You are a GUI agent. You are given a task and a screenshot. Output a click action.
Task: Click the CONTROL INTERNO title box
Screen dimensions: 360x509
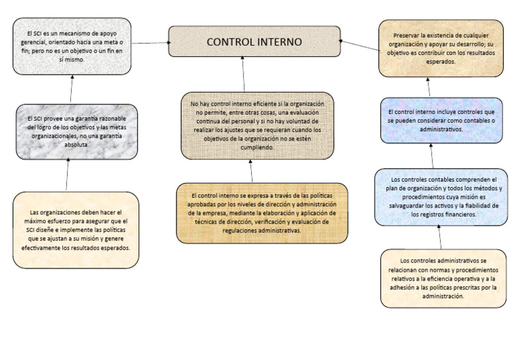(x=254, y=42)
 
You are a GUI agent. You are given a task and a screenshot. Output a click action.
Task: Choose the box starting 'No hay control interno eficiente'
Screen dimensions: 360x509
(x=256, y=126)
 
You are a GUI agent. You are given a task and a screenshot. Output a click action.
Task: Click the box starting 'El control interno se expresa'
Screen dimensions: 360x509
(x=261, y=213)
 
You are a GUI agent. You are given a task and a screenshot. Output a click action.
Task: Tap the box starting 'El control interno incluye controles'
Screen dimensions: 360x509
(x=435, y=120)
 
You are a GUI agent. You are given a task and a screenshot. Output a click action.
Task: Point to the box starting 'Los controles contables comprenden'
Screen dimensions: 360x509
(x=441, y=197)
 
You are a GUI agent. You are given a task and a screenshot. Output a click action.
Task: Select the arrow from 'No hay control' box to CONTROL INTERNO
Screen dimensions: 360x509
(x=244, y=74)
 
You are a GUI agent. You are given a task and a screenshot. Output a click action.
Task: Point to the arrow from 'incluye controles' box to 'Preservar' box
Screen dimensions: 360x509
(x=429, y=87)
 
